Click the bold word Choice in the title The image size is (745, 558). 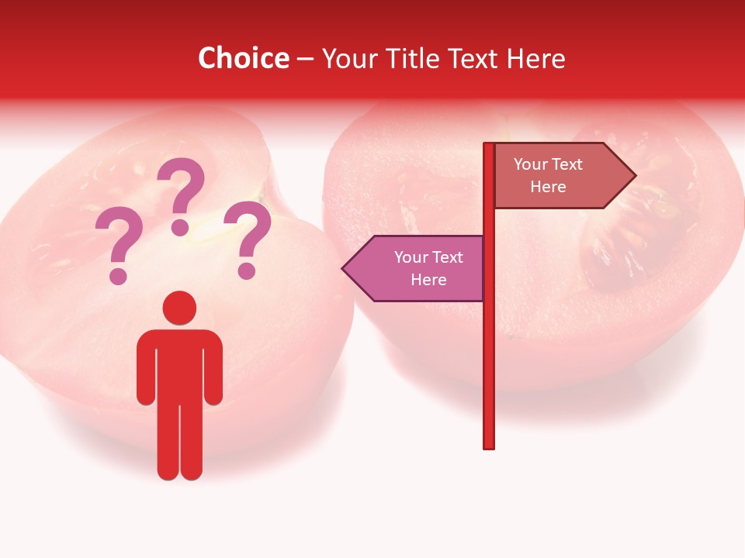pyautogui.click(x=243, y=59)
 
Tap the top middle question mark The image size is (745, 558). pyautogui.click(x=181, y=194)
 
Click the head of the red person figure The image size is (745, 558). pyautogui.click(x=179, y=308)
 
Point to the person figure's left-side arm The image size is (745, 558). pyautogui.click(x=145, y=368)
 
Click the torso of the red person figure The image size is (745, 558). pyautogui.click(x=179, y=364)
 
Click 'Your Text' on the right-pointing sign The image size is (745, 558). pyautogui.click(x=548, y=164)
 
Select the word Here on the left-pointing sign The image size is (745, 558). pyautogui.click(x=428, y=280)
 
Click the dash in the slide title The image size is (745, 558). pyautogui.click(x=305, y=59)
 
